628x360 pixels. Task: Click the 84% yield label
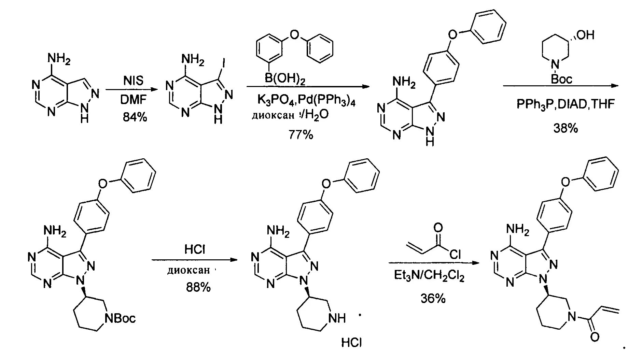[135, 117]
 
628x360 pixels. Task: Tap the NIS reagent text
[133, 81]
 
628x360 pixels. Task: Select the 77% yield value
[301, 135]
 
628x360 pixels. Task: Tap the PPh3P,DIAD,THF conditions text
[566, 104]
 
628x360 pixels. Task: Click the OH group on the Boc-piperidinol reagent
[585, 35]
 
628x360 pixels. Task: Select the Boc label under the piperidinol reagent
[561, 80]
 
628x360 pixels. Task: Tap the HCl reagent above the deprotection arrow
[195, 250]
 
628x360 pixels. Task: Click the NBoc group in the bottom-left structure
[121, 318]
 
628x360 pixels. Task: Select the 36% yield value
[433, 299]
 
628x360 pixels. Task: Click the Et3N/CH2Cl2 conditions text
[429, 275]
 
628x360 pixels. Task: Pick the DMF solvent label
[133, 100]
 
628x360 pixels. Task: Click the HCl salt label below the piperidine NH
[351, 342]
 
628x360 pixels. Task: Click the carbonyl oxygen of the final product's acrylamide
[595, 337]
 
